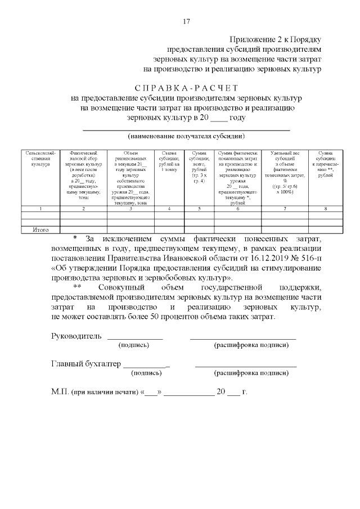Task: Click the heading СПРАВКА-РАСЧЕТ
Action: (x=187, y=88)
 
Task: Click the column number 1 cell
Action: (x=40, y=209)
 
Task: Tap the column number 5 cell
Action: (x=199, y=209)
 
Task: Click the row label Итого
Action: (x=40, y=229)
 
